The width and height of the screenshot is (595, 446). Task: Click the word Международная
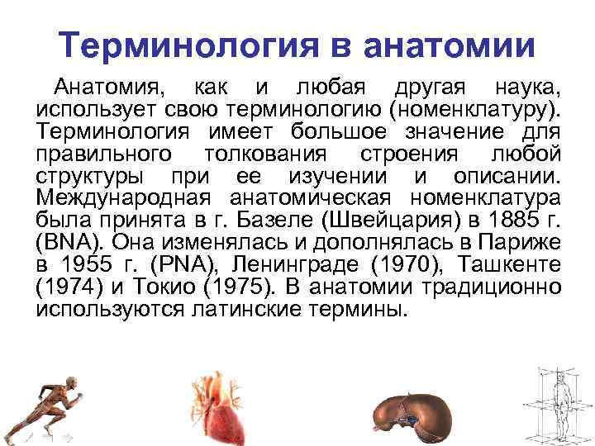point(117,198)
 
